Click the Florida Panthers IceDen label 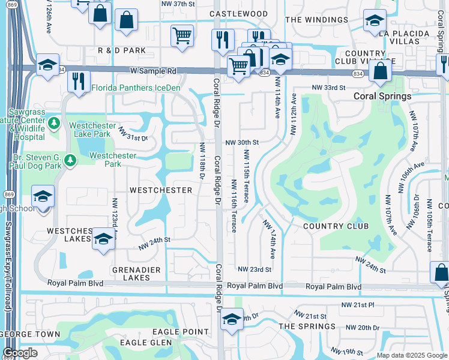(136, 88)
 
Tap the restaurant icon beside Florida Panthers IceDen (78, 81)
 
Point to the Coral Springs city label (382, 96)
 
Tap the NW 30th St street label (241, 143)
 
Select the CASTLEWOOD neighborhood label (238, 13)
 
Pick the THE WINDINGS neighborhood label (316, 20)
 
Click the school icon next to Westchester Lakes (103, 239)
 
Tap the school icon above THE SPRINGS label (232, 319)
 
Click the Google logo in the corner (20, 353)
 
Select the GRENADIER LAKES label (136, 274)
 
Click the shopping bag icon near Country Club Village (381, 72)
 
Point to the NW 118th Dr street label (202, 161)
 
